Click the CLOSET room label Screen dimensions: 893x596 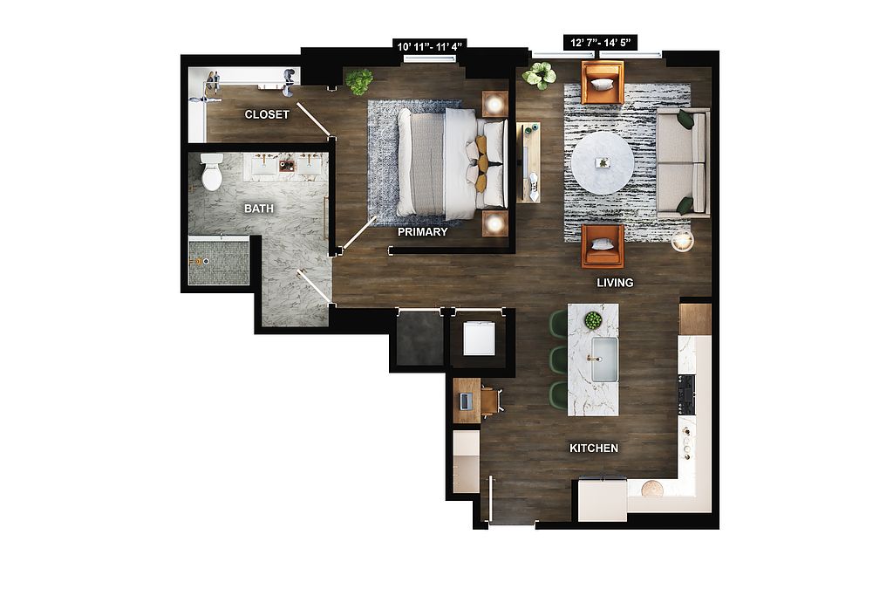[x=267, y=114]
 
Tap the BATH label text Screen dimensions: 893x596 [x=258, y=209]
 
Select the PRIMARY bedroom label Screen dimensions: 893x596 [x=423, y=232]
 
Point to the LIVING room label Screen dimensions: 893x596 [x=615, y=283]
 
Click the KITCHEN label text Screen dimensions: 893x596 [x=594, y=449]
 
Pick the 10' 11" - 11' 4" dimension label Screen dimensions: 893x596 [x=430, y=45]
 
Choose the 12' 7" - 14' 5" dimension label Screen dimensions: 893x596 [x=600, y=42]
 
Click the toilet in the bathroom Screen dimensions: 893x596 [x=211, y=172]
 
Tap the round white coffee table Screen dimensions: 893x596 [x=603, y=163]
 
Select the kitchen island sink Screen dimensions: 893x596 [x=604, y=360]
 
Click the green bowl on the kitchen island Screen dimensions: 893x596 [x=593, y=321]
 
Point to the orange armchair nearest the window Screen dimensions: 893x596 [x=602, y=83]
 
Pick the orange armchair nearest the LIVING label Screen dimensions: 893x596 [x=603, y=246]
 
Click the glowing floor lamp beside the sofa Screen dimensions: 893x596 [x=682, y=242]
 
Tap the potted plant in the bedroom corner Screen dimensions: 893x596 [x=359, y=81]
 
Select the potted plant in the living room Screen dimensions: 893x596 [x=539, y=75]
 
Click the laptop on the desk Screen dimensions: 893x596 [x=464, y=401]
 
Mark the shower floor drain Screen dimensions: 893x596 [x=206, y=261]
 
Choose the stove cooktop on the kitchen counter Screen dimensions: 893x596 [x=685, y=394]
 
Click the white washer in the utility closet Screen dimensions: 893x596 [x=479, y=339]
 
